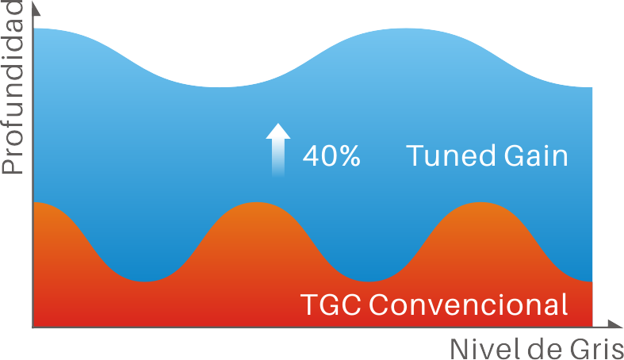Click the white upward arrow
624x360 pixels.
(x=278, y=150)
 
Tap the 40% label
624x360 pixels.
(x=331, y=155)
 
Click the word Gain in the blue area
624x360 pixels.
(x=536, y=155)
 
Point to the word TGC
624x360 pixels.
(x=331, y=304)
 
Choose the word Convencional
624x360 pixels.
(x=468, y=304)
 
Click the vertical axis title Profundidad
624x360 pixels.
(x=12, y=87)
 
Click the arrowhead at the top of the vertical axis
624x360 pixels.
(x=35, y=8)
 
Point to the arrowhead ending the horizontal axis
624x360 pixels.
(x=615, y=324)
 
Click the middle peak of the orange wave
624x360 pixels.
(x=257, y=203)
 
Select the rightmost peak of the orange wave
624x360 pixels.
(x=480, y=203)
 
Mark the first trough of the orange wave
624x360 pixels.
(x=145, y=281)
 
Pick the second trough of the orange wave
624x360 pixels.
(x=369, y=281)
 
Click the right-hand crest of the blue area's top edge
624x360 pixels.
(x=406, y=29)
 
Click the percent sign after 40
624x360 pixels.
(x=350, y=155)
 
